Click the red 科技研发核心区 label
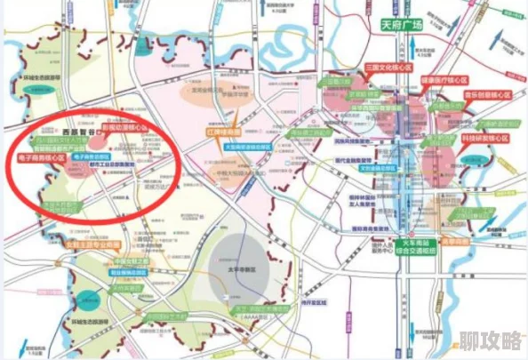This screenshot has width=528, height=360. (x=485, y=139)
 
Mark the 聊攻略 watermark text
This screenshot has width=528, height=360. (x=490, y=340)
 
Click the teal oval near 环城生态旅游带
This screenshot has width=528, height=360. (x=86, y=299)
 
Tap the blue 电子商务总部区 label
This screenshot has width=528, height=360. (x=92, y=156)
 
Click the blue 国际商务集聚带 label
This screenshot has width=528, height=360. (x=371, y=228)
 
